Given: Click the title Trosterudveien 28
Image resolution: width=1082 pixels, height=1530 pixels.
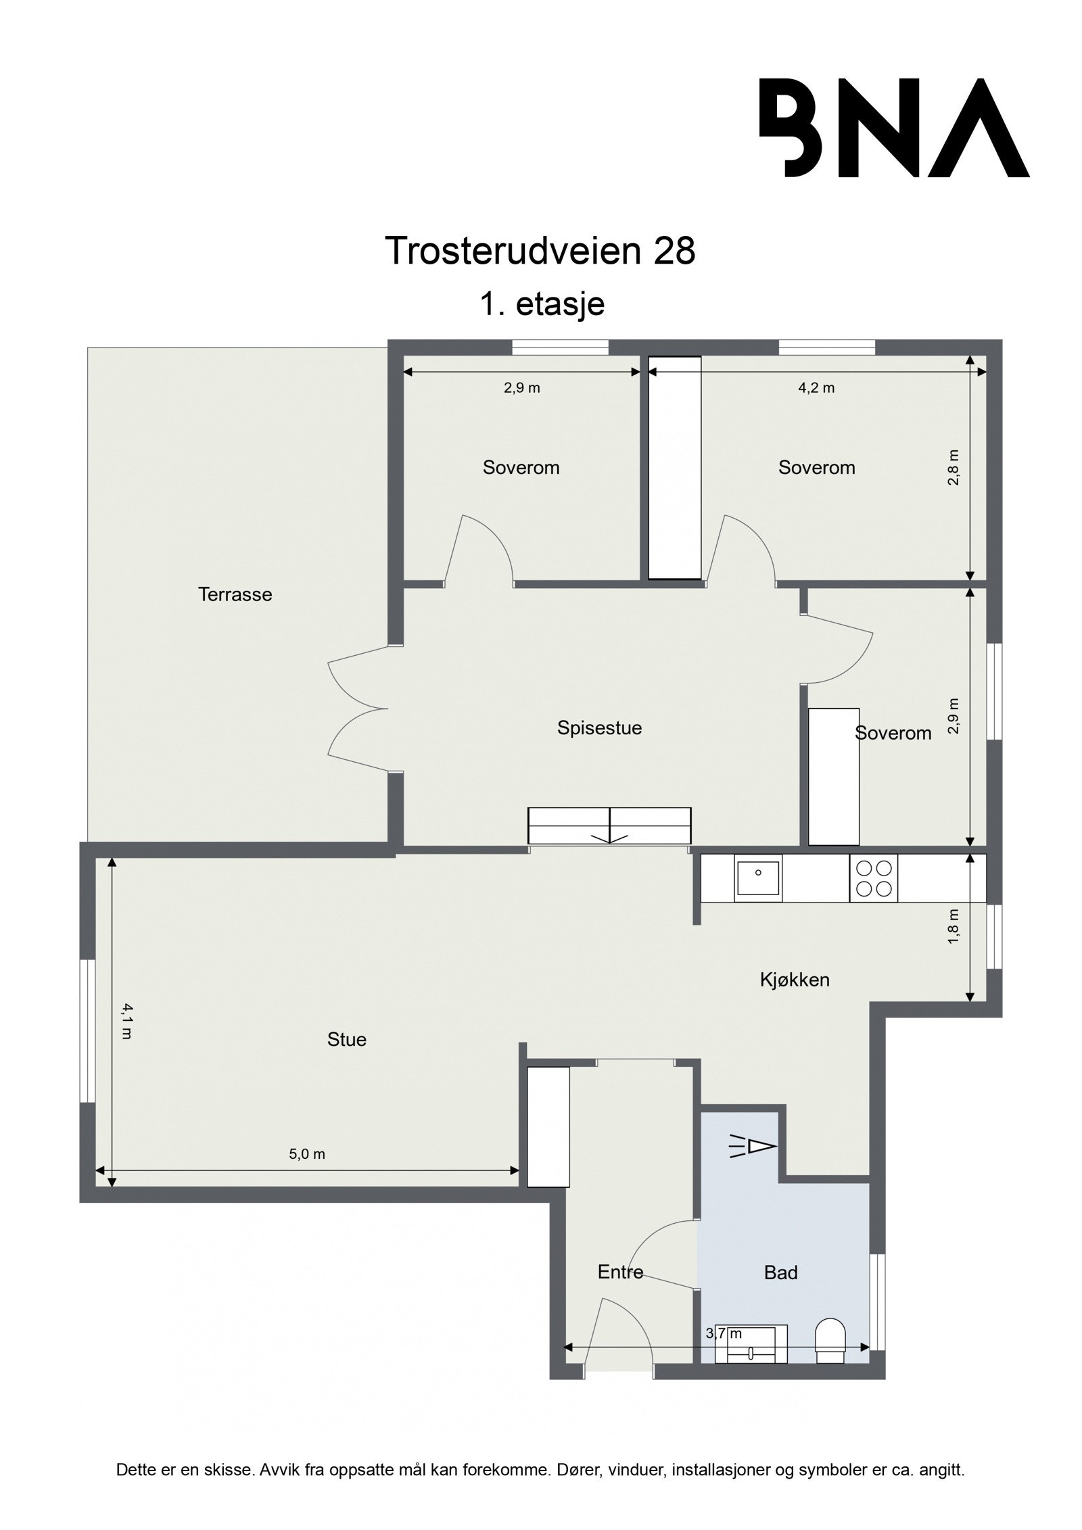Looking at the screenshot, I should (x=540, y=252).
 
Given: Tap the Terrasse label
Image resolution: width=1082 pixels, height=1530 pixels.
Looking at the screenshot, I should (x=235, y=595).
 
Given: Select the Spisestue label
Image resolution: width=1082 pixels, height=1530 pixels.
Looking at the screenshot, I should (x=599, y=728).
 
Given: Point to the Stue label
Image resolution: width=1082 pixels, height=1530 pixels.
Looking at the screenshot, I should (x=346, y=1039).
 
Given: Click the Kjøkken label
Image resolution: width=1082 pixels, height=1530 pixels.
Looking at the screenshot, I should (x=794, y=980).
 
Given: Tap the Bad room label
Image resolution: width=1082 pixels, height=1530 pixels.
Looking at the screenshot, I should (x=780, y=1272).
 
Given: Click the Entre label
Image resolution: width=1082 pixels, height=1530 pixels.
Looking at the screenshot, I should (x=620, y=1272).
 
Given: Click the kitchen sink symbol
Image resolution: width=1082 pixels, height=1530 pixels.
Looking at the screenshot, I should (x=758, y=878).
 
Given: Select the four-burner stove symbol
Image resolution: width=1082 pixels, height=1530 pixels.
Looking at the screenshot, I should (x=873, y=878).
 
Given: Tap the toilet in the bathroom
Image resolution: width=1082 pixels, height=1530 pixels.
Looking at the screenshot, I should (x=830, y=1341).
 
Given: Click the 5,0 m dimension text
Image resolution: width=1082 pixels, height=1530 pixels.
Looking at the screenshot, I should (x=307, y=1154).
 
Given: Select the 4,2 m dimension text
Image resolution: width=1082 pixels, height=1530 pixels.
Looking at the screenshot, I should (x=816, y=388).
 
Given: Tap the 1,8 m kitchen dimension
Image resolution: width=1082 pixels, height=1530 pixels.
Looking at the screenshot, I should (x=954, y=926).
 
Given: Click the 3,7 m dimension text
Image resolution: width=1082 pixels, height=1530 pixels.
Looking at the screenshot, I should (x=724, y=1333).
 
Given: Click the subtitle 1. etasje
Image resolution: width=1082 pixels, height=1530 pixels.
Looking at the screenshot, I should (x=541, y=304).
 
